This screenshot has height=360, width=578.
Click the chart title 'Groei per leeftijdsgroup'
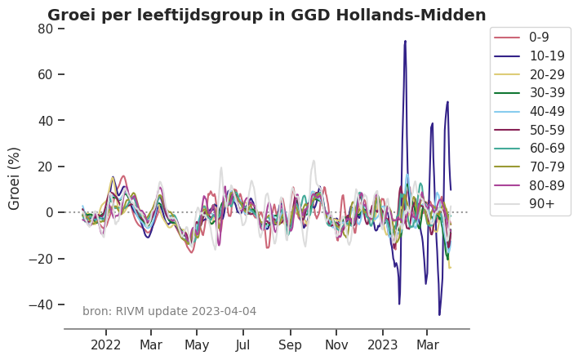point(266,15)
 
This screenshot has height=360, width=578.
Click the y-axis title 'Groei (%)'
point(15,178)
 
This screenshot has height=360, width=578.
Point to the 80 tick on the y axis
point(45,29)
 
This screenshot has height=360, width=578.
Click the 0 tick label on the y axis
point(49,212)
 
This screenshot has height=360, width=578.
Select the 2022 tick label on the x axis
point(106,344)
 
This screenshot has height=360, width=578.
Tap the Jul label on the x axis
point(242,344)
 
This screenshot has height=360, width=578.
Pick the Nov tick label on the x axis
point(336,344)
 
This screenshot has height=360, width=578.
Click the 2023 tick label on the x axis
point(382,344)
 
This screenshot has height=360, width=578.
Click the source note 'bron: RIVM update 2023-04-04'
point(169,311)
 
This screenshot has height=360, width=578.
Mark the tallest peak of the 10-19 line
point(405,41)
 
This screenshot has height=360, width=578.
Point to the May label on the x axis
point(197,344)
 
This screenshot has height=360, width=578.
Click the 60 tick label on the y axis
point(45,74)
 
